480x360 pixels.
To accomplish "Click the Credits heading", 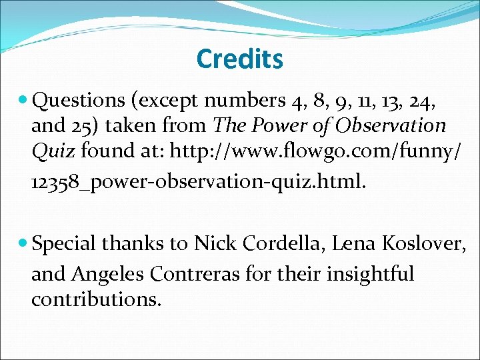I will click(x=239, y=59).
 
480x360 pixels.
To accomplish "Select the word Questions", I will click(x=79, y=101).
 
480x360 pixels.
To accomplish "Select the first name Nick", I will click(x=213, y=245).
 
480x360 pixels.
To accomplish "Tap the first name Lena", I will click(x=356, y=245).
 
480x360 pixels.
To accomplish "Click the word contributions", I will click(x=95, y=299).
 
